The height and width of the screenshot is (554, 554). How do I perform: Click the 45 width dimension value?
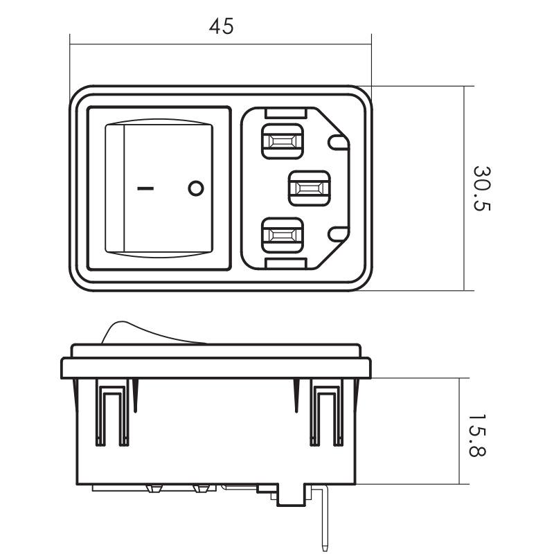[221, 26]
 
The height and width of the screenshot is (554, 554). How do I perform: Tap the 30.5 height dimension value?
[482, 188]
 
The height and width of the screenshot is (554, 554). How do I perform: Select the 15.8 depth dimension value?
[477, 436]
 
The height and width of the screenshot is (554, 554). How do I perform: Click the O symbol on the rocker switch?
[196, 188]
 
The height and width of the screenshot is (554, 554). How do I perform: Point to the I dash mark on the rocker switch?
[145, 188]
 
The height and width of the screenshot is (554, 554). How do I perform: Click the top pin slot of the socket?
[283, 141]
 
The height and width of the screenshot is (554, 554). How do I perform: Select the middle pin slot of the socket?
[310, 188]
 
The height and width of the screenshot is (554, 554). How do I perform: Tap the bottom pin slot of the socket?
[283, 235]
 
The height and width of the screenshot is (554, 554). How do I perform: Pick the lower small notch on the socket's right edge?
[338, 234]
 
